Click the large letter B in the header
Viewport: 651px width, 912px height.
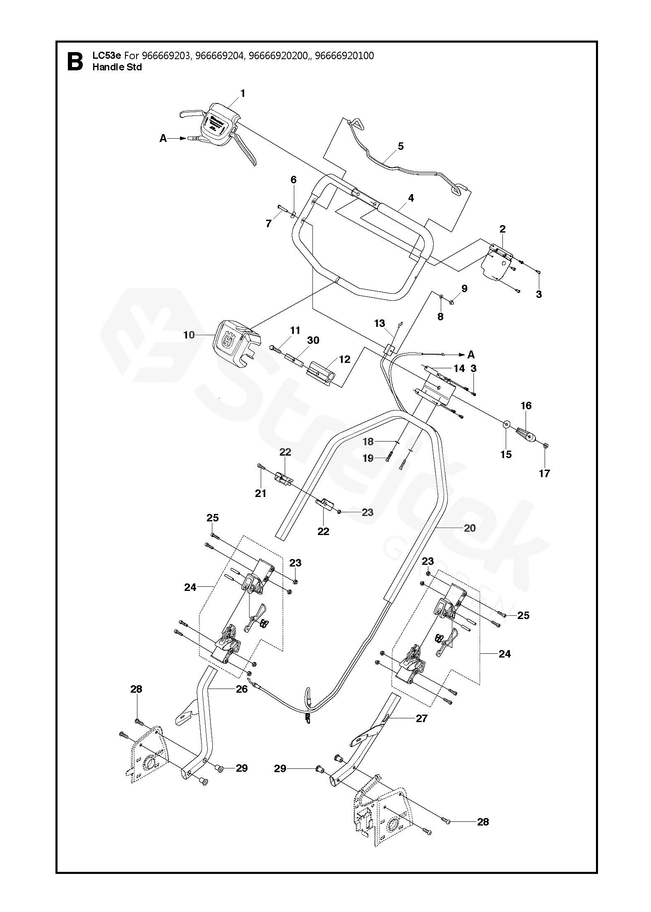click(x=75, y=61)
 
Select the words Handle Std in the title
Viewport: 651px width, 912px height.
click(x=117, y=67)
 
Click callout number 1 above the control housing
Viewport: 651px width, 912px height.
click(x=243, y=94)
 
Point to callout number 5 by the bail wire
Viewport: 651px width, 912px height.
click(x=401, y=146)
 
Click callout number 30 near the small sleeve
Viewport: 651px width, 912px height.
click(x=313, y=340)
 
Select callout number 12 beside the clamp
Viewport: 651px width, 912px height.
click(x=344, y=360)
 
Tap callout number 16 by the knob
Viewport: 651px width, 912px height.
click(x=526, y=406)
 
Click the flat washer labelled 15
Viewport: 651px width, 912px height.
click(x=506, y=425)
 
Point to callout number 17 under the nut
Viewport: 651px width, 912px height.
click(x=544, y=473)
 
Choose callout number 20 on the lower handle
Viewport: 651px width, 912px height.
click(x=470, y=528)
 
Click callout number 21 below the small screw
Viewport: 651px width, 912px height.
click(x=261, y=493)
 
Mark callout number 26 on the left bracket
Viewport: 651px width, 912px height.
click(x=242, y=689)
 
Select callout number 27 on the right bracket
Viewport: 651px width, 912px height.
click(x=421, y=718)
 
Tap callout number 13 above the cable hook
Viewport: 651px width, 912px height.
click(x=380, y=323)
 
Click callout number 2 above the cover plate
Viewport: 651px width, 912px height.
click(x=502, y=229)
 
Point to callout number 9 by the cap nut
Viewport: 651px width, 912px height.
click(x=464, y=288)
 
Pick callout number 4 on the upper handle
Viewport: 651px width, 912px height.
click(x=411, y=198)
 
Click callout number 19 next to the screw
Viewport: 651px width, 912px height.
click(x=368, y=458)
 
